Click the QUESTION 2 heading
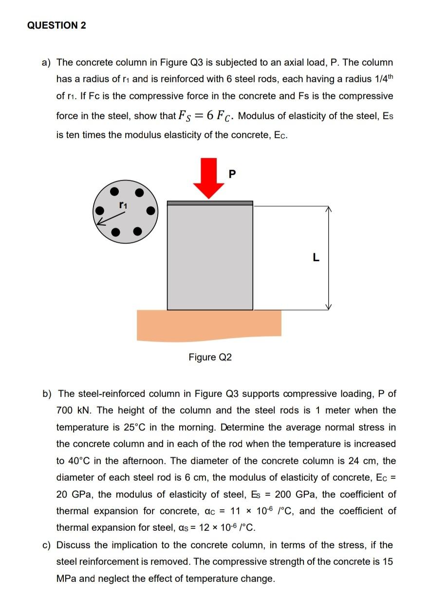pyautogui.click(x=56, y=26)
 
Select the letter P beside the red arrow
pyautogui.click(x=231, y=173)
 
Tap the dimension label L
pyautogui.click(x=316, y=258)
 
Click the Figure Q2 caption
pyautogui.click(x=210, y=358)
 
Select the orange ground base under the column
pyautogui.click(x=209, y=325)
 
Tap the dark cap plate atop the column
pyautogui.click(x=210, y=203)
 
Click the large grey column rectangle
pyautogui.click(x=210, y=257)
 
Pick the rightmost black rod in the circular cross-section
pyautogui.click(x=151, y=211)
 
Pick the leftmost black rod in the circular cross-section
pyautogui.click(x=100, y=211)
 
